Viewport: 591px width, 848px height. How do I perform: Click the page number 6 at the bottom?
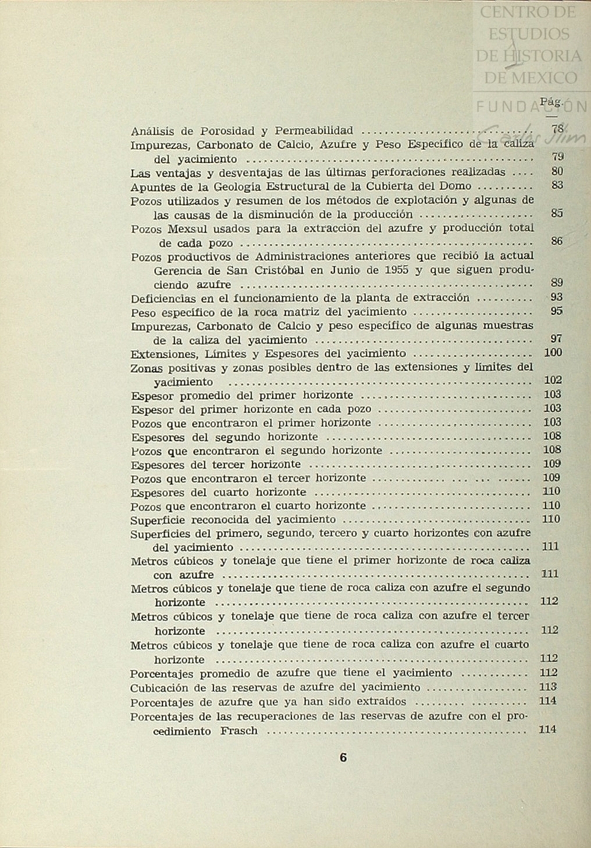343,758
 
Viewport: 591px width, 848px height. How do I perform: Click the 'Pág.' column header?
551,102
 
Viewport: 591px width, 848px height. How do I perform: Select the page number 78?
557,129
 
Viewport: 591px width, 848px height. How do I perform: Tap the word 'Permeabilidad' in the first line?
314,131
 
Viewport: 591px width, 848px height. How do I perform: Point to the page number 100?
553,352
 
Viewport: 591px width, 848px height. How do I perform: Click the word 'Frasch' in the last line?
238,732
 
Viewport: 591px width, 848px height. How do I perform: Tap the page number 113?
548,687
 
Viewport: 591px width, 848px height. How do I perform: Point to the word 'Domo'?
456,187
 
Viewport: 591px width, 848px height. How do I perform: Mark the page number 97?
556,338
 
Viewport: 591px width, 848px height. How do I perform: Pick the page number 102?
553,380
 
